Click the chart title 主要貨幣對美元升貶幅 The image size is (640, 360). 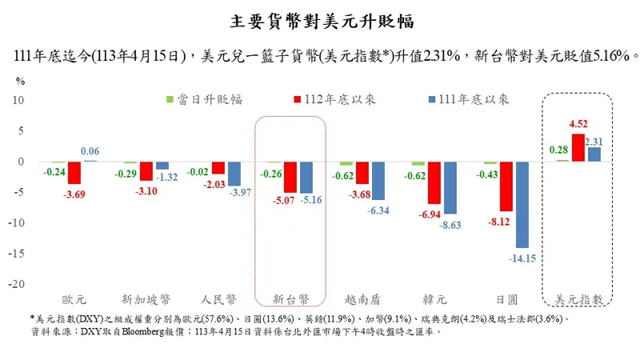pos(320,19)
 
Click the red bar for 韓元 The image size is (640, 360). pos(434,182)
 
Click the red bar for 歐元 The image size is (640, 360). pos(74,172)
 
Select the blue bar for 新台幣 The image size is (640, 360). pos(305,177)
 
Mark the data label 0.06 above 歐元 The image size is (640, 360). pos(90,152)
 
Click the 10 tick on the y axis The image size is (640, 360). pos(21,100)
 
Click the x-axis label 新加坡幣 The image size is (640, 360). pos(146,299)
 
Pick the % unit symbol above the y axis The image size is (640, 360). pos(21,81)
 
